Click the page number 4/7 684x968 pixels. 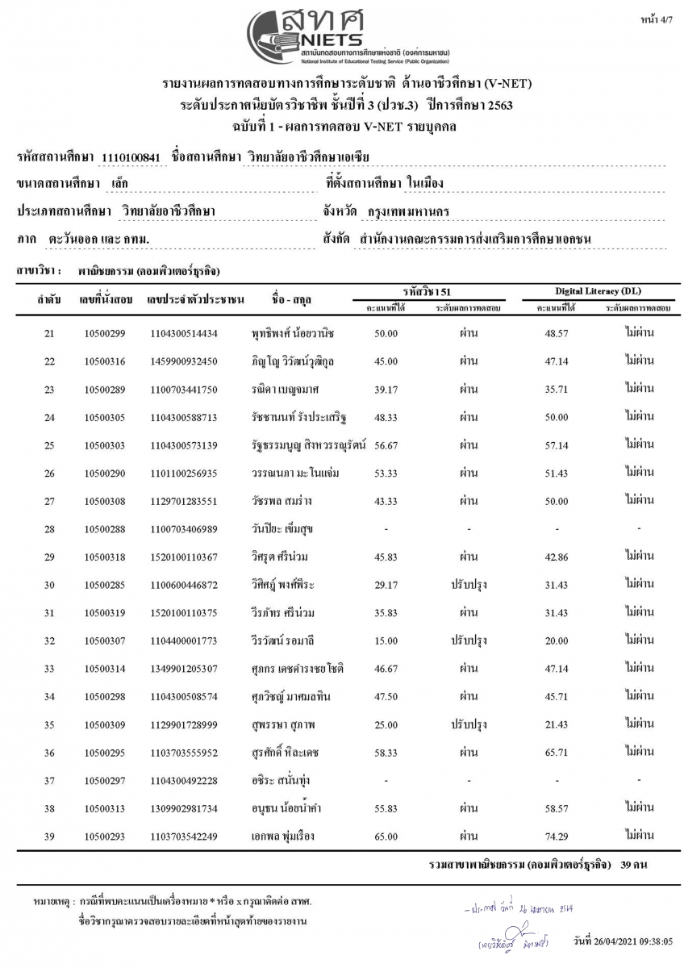pos(661,17)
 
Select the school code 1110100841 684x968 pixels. pos(132,156)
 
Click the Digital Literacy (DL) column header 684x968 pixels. pos(598,290)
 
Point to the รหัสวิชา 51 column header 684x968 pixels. pos(427,290)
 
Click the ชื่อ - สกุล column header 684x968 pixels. pos(294,300)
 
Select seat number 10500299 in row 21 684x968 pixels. pos(105,333)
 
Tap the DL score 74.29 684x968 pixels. pos(557,836)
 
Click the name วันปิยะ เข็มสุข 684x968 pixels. pos(282,529)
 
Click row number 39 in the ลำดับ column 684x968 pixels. pos(49,836)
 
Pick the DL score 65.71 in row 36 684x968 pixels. pos(557,753)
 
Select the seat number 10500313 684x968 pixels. pos(105,808)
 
